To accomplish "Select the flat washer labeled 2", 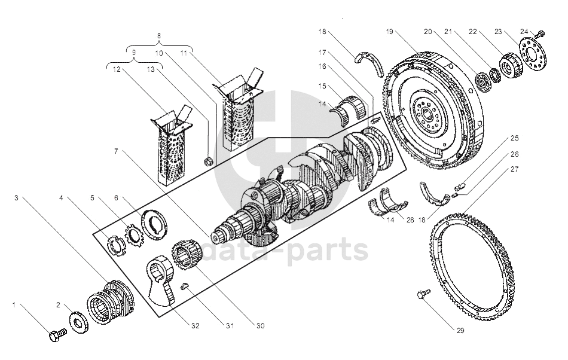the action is [79, 322].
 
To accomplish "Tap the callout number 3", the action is [16, 198].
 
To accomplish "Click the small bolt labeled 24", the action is [540, 35].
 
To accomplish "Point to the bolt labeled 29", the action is [423, 294].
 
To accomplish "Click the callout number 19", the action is [389, 32].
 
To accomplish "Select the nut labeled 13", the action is [209, 160].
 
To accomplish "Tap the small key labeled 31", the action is [185, 286].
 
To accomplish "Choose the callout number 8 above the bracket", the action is [158, 36].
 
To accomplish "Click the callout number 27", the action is [514, 169].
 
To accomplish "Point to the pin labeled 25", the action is [460, 187].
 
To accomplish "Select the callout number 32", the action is [196, 325].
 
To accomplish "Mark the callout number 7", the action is [116, 151].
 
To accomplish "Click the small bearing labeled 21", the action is [494, 74].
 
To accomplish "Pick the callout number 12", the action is [116, 69].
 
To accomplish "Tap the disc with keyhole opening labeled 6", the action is [153, 224].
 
